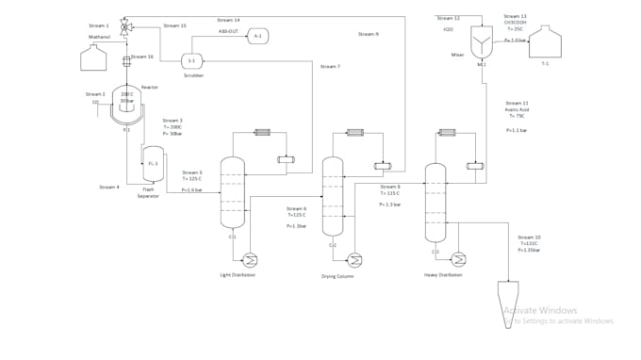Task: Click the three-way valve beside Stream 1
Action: coord(128,28)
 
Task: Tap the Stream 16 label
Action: coord(142,57)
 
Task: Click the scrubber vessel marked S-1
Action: coord(191,60)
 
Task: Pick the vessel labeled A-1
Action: coord(258,36)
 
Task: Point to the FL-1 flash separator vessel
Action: coord(152,163)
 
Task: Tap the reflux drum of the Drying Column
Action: coord(383,167)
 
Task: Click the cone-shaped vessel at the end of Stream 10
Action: coord(512,312)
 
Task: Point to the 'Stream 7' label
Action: coord(330,67)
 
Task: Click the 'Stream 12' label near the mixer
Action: coord(450,18)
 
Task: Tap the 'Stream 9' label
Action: coord(369,34)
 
